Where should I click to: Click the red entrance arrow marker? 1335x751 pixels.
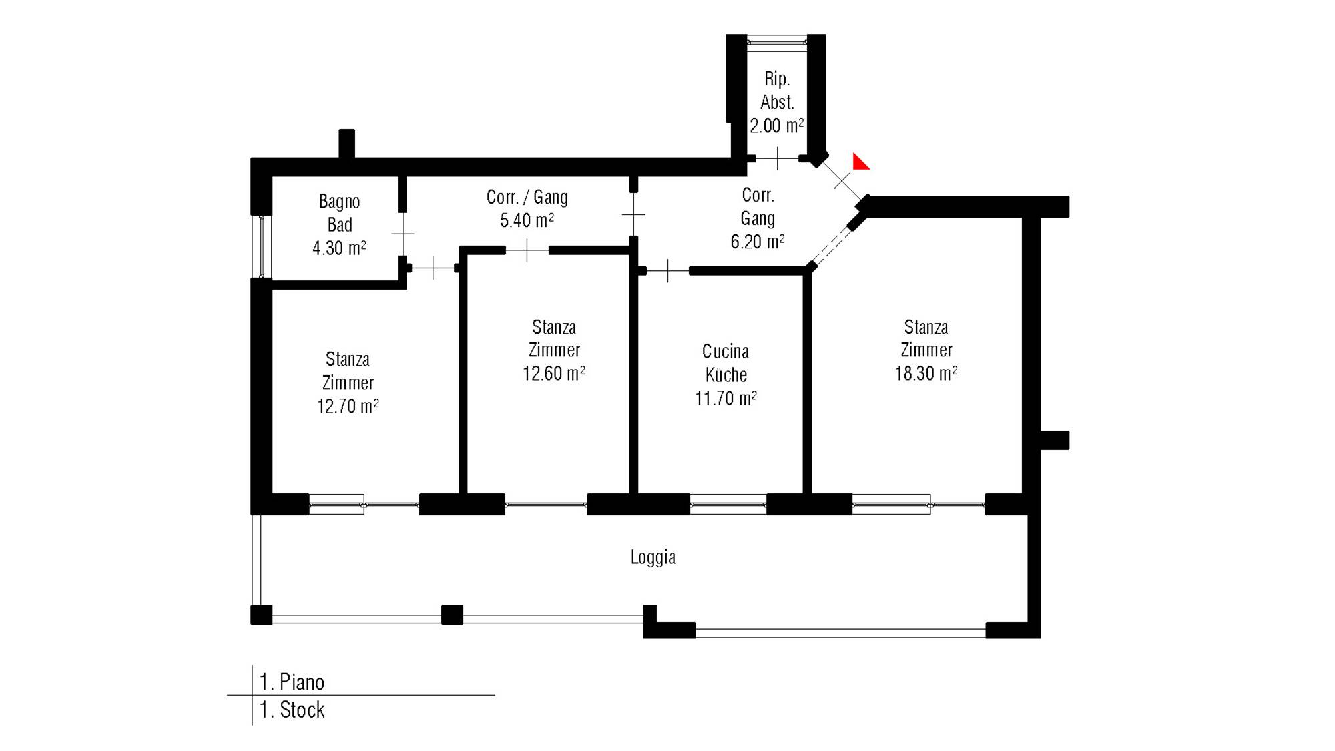(x=860, y=162)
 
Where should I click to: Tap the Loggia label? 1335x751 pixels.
(x=653, y=557)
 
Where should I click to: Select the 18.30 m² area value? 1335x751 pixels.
(x=926, y=372)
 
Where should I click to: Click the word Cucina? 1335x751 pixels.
(x=726, y=351)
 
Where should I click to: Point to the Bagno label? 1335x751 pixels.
(x=339, y=202)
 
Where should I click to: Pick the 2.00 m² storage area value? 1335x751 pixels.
(x=776, y=125)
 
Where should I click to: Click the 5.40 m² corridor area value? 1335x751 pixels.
(x=527, y=220)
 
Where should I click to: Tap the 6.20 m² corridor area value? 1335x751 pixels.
(x=757, y=241)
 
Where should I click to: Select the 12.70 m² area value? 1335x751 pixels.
(x=348, y=406)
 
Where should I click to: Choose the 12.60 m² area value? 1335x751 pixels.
(x=554, y=372)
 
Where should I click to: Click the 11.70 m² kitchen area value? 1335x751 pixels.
(x=726, y=398)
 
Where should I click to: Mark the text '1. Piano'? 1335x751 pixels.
(x=292, y=682)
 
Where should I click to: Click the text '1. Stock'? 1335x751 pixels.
(x=292, y=710)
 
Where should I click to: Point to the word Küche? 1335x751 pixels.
(x=726, y=374)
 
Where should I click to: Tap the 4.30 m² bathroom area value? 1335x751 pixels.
(x=339, y=248)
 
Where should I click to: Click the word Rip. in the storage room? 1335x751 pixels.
(x=777, y=79)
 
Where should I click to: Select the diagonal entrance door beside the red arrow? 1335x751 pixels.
(x=842, y=179)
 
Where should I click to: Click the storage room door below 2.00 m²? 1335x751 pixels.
(x=777, y=158)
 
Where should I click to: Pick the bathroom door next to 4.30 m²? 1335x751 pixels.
(x=403, y=234)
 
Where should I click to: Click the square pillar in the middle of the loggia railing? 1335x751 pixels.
(x=452, y=615)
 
